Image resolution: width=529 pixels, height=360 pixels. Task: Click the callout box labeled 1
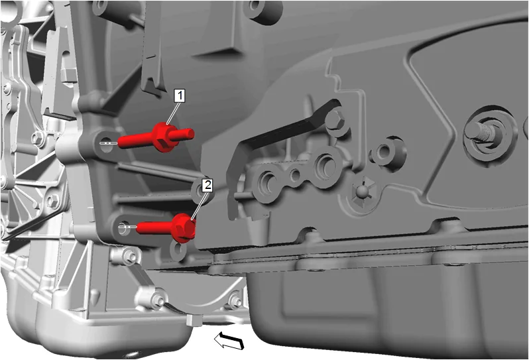click(180, 96)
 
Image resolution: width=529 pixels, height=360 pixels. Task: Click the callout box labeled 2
click(207, 185)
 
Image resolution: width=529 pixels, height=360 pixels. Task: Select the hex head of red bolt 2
click(184, 227)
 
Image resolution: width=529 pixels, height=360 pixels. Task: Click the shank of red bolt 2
click(154, 227)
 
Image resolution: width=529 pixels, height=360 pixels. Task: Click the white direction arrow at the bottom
click(229, 339)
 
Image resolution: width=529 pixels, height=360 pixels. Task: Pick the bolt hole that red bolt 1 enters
click(105, 142)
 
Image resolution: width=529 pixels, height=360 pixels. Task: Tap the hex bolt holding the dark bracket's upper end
click(335, 121)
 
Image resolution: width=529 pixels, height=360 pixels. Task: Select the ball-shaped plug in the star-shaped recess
click(362, 192)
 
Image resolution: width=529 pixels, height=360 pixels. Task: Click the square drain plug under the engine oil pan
click(194, 320)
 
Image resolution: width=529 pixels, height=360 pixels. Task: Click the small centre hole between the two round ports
click(296, 175)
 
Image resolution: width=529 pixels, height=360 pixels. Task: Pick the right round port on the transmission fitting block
click(326, 166)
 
